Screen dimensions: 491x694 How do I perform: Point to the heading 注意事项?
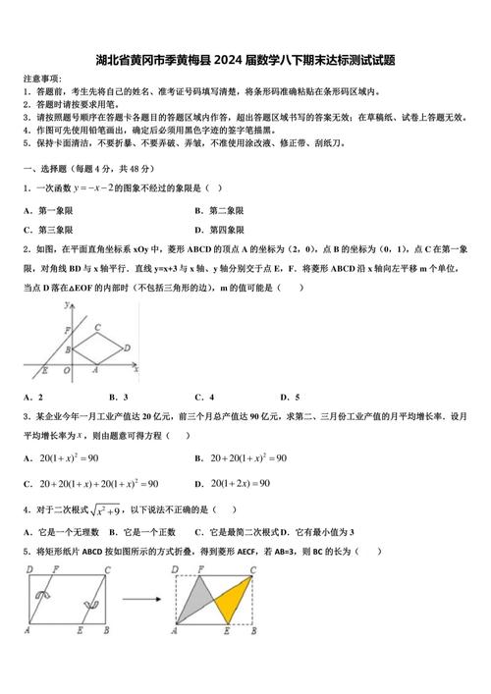point(41,79)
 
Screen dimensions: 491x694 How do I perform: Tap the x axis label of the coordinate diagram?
point(136,368)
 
